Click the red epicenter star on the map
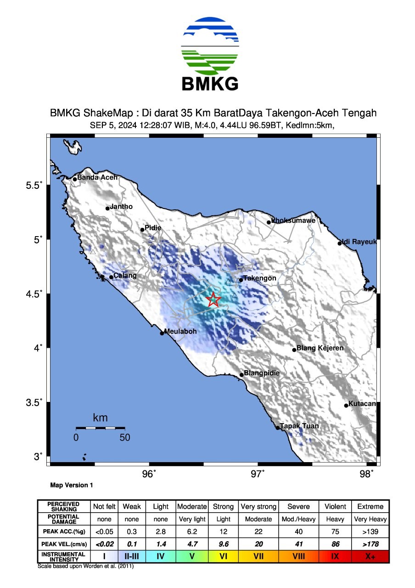pyautogui.click(x=213, y=300)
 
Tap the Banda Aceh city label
pyautogui.click(x=97, y=177)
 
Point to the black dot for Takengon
pyautogui.click(x=241, y=280)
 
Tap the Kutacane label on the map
pyautogui.click(x=362, y=404)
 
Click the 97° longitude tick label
pyautogui.click(x=258, y=474)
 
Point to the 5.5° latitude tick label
pyautogui.click(x=34, y=185)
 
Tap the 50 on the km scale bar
pyautogui.click(x=125, y=438)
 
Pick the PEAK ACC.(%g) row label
pyautogui.click(x=64, y=531)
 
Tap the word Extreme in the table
pyautogui.click(x=370, y=506)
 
